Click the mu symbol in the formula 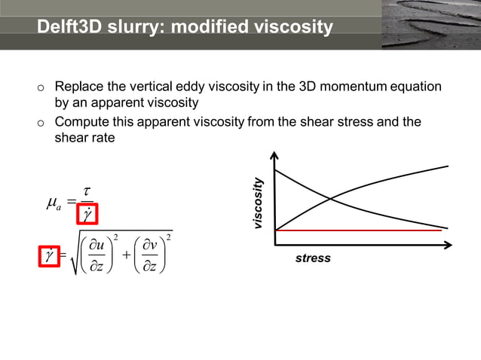(x=53, y=201)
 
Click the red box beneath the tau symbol (x=89, y=216)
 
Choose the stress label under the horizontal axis (x=313, y=258)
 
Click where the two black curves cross (x=331, y=199)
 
